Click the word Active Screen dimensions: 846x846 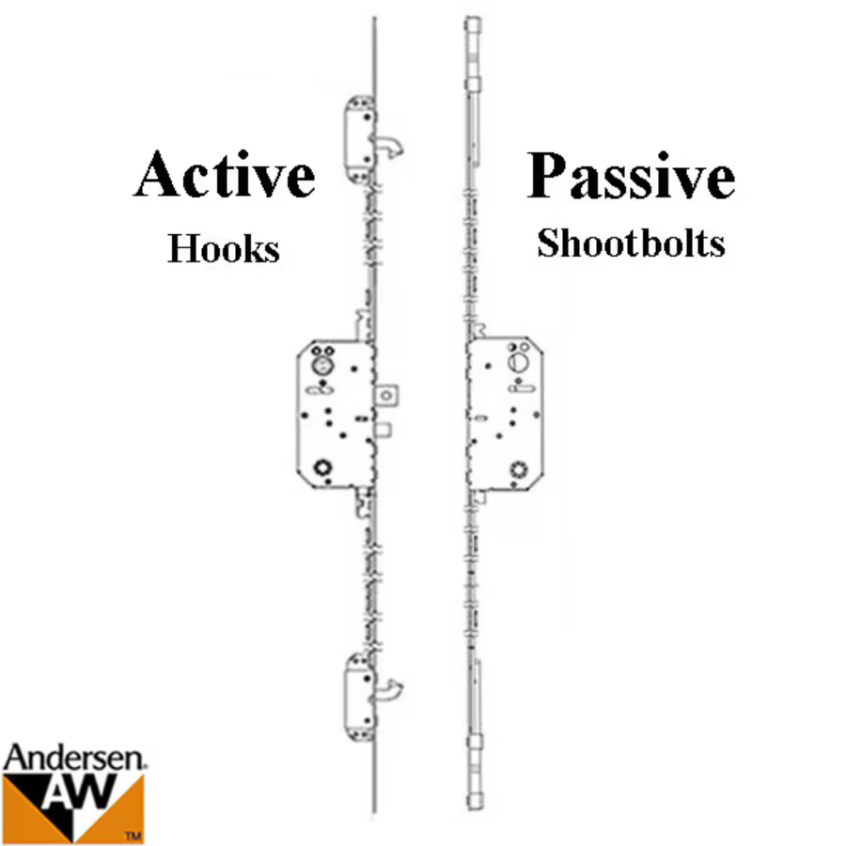point(224,174)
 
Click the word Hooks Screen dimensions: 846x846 point(224,249)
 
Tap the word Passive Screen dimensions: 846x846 point(631,176)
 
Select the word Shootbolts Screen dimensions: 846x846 point(631,243)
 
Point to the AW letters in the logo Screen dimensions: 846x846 point(81,794)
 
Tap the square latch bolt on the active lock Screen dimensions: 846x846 point(387,396)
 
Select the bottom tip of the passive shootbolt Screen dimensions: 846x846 point(475,808)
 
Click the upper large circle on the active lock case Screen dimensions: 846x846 point(322,366)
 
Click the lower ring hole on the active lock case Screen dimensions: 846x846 point(322,467)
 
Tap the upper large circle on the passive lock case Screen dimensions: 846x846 point(519,362)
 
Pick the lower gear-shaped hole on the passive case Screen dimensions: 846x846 point(519,469)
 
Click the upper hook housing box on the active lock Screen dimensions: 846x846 point(359,140)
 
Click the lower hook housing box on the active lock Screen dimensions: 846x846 point(360,697)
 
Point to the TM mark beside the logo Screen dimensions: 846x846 point(133,837)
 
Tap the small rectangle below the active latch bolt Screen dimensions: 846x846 point(384,430)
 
